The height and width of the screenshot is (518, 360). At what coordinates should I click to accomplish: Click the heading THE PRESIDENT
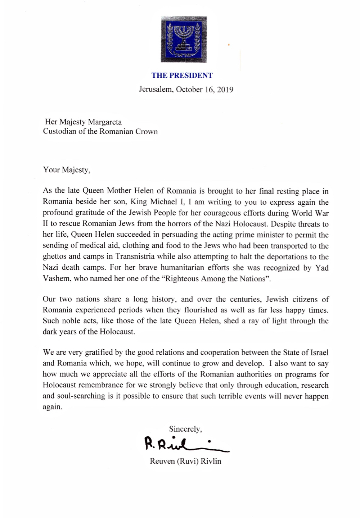(182, 76)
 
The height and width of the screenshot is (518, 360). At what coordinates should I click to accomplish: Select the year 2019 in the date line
(225, 90)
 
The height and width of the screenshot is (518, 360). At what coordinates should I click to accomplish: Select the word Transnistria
(135, 257)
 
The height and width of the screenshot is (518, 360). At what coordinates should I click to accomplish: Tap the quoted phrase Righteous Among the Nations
(216, 279)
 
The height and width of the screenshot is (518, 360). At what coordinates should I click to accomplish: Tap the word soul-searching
(80, 396)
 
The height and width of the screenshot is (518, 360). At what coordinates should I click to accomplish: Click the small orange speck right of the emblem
(229, 45)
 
